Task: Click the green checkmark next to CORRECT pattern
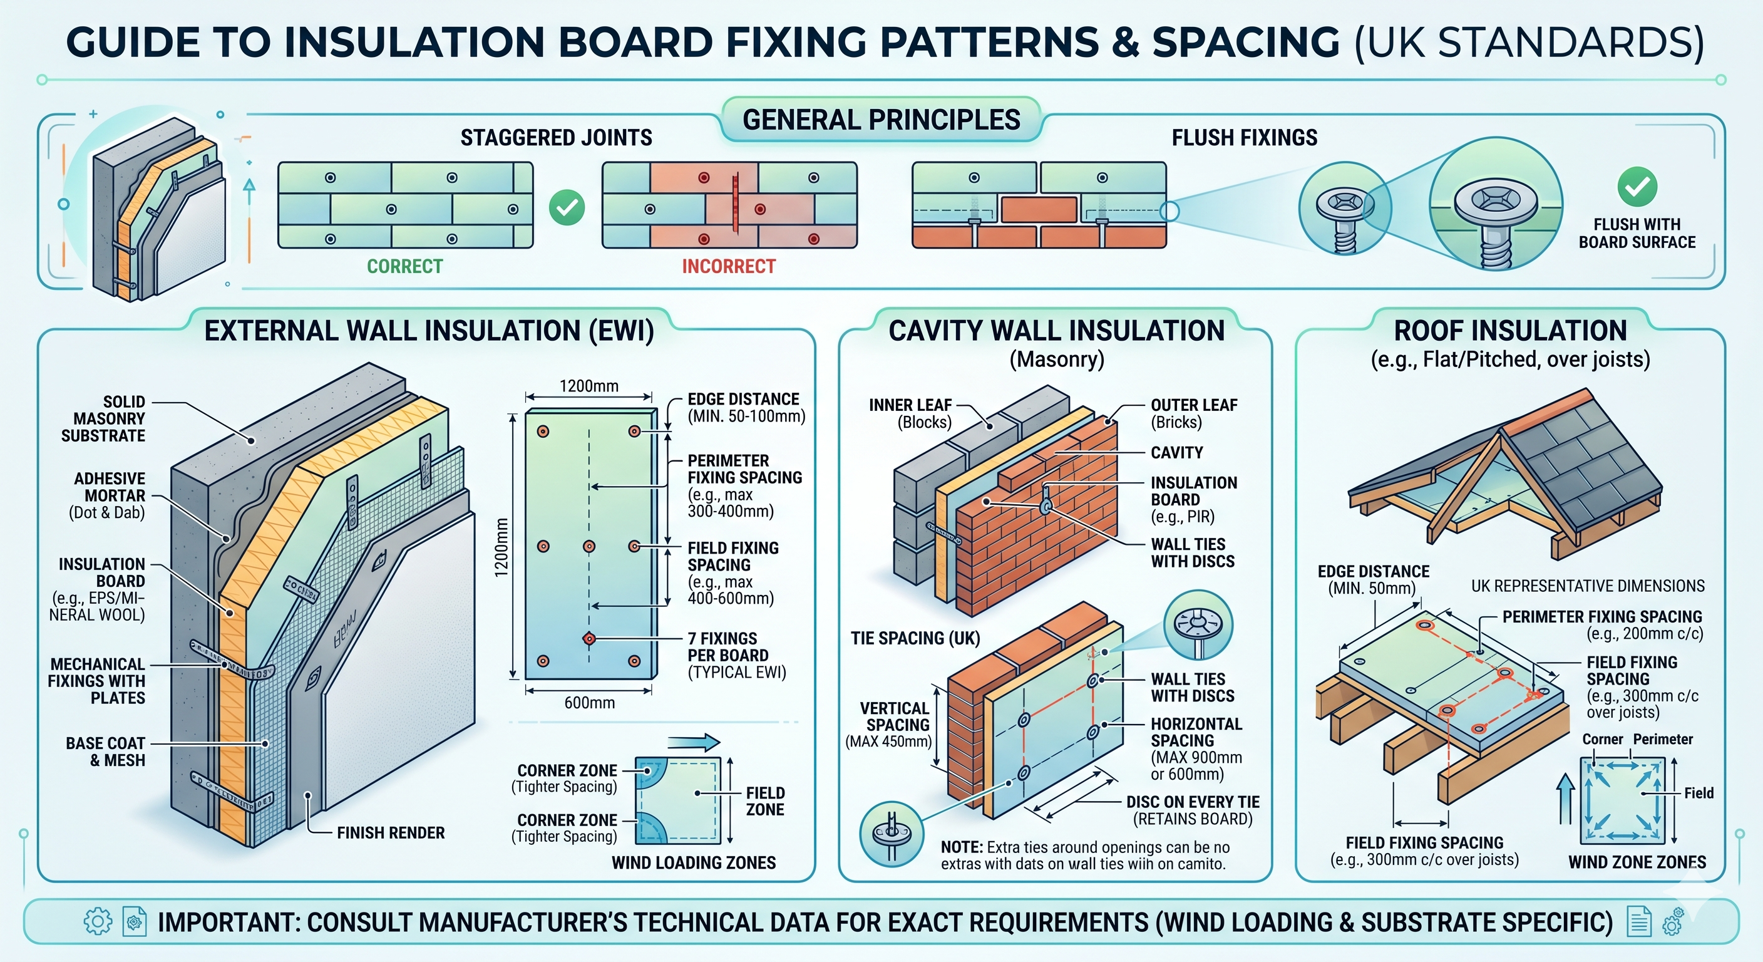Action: (567, 207)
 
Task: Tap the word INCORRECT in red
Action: (728, 266)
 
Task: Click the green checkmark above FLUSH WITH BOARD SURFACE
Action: (1637, 186)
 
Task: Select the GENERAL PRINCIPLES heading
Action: (881, 120)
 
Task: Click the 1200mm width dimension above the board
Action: (589, 386)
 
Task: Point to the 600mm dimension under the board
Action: (589, 703)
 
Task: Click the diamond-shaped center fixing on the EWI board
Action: (589, 639)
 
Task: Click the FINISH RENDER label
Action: (390, 832)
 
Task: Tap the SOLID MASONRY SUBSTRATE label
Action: (103, 418)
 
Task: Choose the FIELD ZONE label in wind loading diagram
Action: (764, 801)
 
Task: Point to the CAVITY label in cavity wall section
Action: (1176, 453)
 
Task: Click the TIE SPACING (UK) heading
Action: (915, 638)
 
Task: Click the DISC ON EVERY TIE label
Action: (1192, 810)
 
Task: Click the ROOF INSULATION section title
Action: (1510, 331)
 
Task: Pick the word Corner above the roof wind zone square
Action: (1602, 740)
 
